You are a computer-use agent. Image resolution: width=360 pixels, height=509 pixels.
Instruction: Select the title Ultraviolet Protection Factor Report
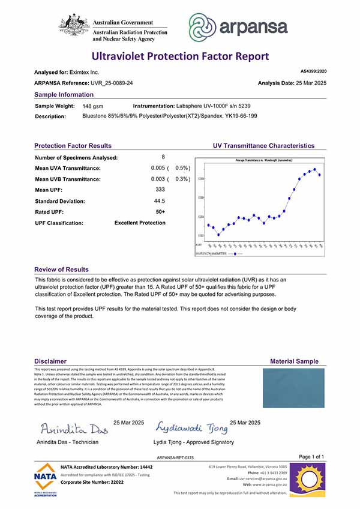click(x=180, y=57)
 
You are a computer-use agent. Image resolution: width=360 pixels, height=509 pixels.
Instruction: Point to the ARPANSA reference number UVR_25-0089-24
click(x=110, y=82)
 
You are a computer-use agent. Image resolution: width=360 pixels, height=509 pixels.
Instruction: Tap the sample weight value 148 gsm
click(x=93, y=106)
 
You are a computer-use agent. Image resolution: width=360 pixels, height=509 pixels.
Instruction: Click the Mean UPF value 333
click(x=160, y=190)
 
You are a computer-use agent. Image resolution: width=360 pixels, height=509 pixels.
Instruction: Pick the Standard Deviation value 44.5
click(x=160, y=201)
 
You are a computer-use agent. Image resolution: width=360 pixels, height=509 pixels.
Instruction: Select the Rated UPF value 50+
click(x=160, y=212)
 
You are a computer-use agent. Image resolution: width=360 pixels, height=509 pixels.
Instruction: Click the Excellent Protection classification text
click(x=140, y=223)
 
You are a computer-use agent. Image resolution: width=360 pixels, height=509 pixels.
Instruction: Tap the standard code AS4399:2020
click(x=313, y=71)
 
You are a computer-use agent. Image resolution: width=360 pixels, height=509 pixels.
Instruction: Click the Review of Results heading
click(x=61, y=270)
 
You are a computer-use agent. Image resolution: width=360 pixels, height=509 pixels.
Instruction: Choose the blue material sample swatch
click(x=293, y=391)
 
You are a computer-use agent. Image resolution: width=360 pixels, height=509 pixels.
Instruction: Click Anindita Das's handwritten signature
click(x=73, y=429)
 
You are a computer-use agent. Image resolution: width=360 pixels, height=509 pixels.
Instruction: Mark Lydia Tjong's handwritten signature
click(x=191, y=428)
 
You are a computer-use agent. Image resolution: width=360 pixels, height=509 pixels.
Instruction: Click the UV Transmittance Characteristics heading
click(x=263, y=146)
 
